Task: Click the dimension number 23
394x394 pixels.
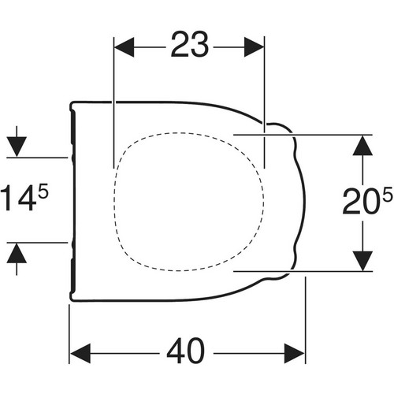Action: click(x=190, y=44)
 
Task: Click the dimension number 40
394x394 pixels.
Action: click(x=186, y=351)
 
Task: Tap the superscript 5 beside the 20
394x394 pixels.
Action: click(x=388, y=194)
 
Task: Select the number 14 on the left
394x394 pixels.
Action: click(x=19, y=198)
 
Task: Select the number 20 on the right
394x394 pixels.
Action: click(x=362, y=201)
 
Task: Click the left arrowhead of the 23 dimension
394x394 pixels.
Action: click(x=125, y=47)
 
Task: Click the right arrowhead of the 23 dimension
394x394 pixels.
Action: click(x=254, y=47)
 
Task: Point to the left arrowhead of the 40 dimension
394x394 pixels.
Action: click(x=80, y=354)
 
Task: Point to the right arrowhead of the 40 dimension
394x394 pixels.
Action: click(x=295, y=354)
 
